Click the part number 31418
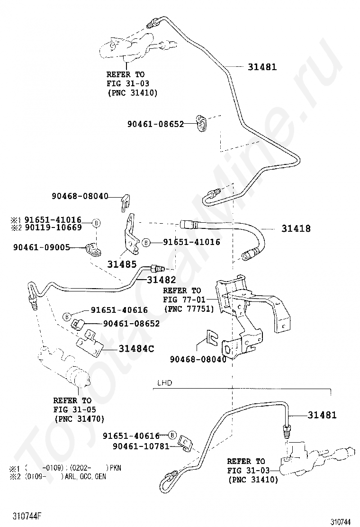296,228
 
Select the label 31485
122,264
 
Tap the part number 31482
161,280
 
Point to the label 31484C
136,349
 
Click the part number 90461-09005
42,247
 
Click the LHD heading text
164,383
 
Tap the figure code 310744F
27,515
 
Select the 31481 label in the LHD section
322,415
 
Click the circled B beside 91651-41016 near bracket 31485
146,242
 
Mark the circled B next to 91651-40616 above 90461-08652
67,316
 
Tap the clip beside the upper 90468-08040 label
125,203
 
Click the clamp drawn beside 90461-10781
185,444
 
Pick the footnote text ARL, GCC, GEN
84,477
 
